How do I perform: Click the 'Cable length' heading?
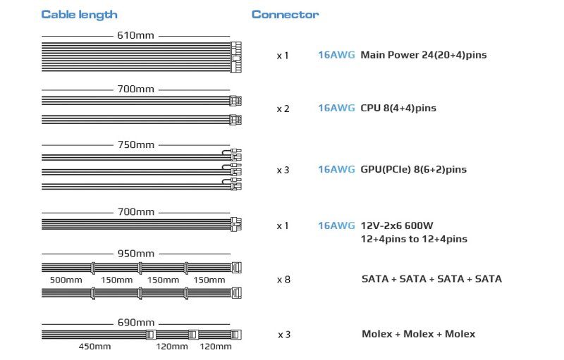[x=79, y=15]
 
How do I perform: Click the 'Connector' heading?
[x=285, y=14]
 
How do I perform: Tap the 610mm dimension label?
[x=135, y=35]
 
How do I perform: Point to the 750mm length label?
[x=136, y=145]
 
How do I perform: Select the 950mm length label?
[x=136, y=254]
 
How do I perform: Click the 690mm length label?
[x=136, y=323]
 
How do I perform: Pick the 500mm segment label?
[x=66, y=280]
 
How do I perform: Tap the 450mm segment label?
[x=94, y=347]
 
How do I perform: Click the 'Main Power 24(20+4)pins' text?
[x=424, y=55]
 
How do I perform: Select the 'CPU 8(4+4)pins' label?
[x=398, y=108]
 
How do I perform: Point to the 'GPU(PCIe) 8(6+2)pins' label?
[x=414, y=169]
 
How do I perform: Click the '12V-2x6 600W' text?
[x=397, y=225]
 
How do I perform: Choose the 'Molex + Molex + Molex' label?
[x=419, y=334]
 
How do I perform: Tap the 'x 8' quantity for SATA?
[x=283, y=280]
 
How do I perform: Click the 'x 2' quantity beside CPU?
[x=283, y=108]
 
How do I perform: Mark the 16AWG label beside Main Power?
[x=336, y=55]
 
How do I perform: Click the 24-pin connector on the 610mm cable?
[x=235, y=57]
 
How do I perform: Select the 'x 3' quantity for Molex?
[x=284, y=335]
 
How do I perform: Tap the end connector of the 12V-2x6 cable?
[x=236, y=224]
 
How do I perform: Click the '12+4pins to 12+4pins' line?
[x=414, y=240]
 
